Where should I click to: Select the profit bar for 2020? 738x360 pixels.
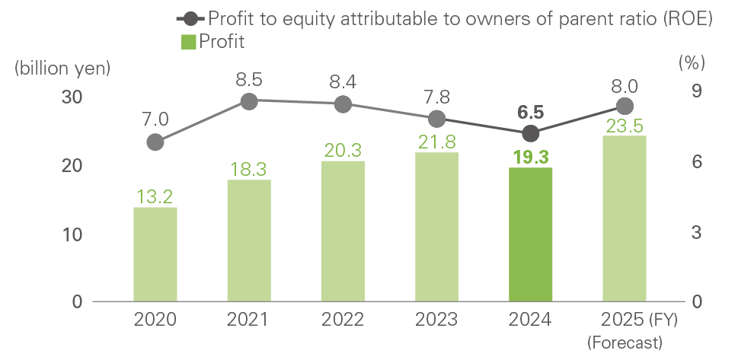click(155, 254)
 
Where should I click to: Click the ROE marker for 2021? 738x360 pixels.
click(249, 101)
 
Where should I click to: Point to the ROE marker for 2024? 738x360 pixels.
click(531, 134)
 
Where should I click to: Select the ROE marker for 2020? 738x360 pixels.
click(155, 142)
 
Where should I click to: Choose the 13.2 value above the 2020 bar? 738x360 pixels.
click(155, 197)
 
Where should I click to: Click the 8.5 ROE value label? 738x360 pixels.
click(249, 78)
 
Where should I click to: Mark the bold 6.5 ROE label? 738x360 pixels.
click(531, 112)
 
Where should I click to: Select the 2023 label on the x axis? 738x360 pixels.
click(436, 320)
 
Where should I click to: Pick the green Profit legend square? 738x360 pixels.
click(188, 42)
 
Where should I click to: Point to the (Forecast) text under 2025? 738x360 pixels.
click(625, 342)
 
